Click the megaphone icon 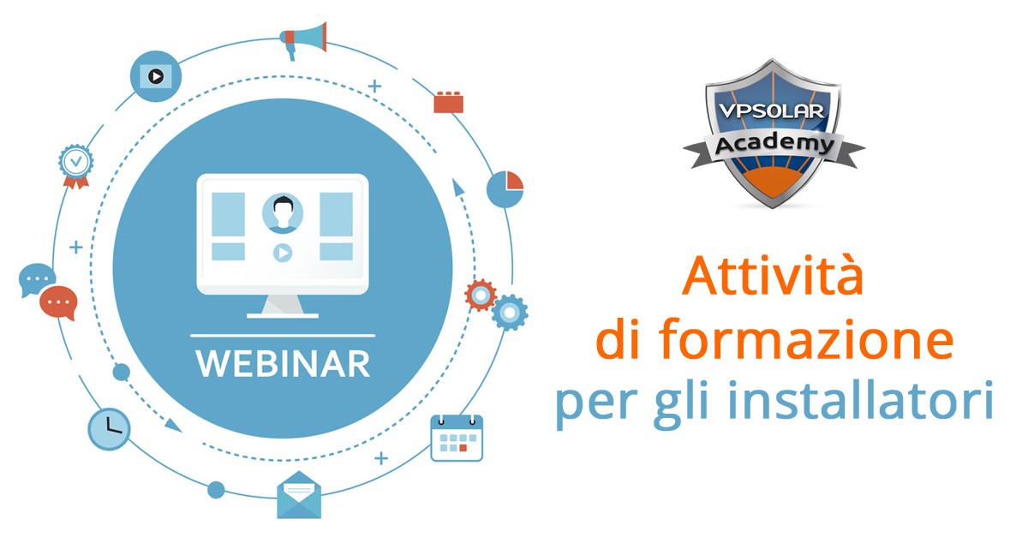[x=303, y=40]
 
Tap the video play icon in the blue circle [x=156, y=76]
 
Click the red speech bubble [x=58, y=302]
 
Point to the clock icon [x=109, y=429]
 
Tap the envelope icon [x=299, y=495]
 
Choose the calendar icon [x=457, y=438]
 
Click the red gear [x=481, y=295]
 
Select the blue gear [x=510, y=313]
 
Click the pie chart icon [x=505, y=189]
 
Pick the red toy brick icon [x=448, y=102]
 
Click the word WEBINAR [x=283, y=364]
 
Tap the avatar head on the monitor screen [x=283, y=213]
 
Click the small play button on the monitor [x=283, y=253]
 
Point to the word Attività [x=773, y=276]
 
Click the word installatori [x=861, y=399]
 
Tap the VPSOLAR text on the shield [x=771, y=111]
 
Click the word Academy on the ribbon [x=774, y=144]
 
